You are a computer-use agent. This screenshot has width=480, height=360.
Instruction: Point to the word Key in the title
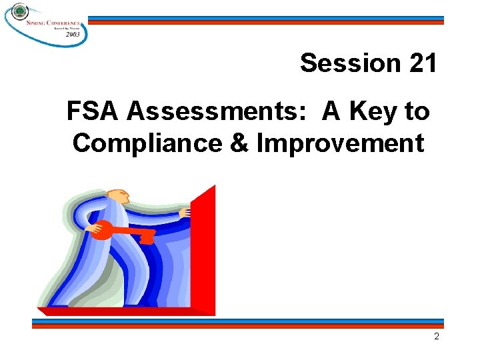[x=375, y=112]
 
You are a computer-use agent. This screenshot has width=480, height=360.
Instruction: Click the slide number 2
[x=437, y=337]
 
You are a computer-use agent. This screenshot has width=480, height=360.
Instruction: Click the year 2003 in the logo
[x=73, y=34]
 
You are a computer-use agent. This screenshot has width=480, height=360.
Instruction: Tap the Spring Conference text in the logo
[x=53, y=22]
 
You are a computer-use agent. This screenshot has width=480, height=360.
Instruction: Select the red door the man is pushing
[x=203, y=250]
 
